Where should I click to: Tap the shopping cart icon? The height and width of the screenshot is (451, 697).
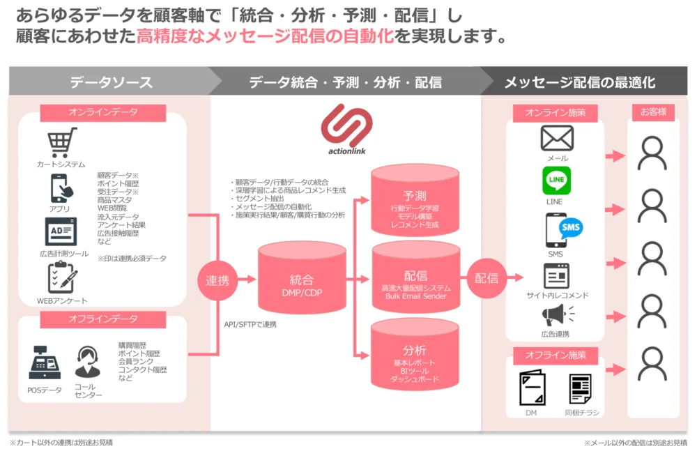[61, 143]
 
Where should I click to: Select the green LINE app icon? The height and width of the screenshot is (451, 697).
[556, 181]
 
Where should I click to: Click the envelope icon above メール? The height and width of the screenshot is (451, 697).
[557, 138]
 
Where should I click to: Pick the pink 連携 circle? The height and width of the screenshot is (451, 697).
[217, 280]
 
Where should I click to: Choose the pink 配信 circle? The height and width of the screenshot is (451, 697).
[486, 278]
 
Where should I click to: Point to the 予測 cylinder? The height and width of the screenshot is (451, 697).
[415, 203]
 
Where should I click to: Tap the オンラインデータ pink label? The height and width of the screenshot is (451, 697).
[103, 112]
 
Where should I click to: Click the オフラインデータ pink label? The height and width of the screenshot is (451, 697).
[103, 320]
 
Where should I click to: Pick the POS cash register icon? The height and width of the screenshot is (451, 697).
[45, 363]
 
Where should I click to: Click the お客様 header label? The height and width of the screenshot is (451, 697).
[653, 112]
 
